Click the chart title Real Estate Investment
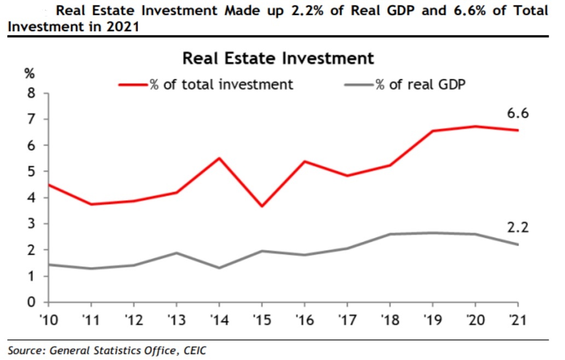click(278, 58)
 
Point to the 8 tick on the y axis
click(31, 93)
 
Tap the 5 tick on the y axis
click(31, 171)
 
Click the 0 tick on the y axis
click(31, 303)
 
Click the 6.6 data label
click(517, 113)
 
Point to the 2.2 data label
click(517, 227)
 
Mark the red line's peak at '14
click(219, 158)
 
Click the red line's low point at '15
click(261, 206)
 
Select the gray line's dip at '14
click(219, 268)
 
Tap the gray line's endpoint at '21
click(518, 245)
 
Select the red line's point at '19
click(433, 131)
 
